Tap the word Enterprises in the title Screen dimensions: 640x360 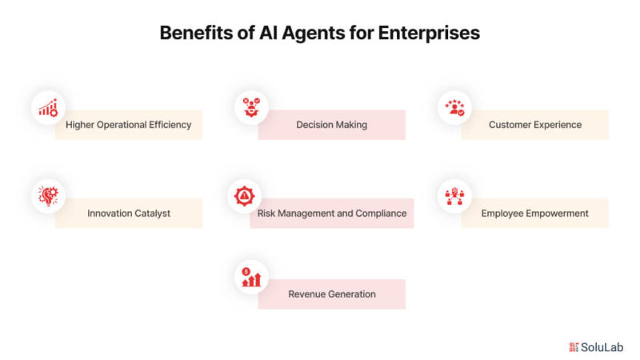(x=429, y=34)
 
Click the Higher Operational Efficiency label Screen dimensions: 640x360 (x=129, y=125)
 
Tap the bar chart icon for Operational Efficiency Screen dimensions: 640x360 (x=48, y=108)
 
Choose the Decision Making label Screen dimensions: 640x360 (x=331, y=125)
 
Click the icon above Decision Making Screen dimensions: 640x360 (x=251, y=107)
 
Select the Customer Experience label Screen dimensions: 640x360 (x=535, y=125)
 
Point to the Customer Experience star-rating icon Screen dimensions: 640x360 (x=454, y=108)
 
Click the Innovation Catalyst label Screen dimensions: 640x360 (x=129, y=213)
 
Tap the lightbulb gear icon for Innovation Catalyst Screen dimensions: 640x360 (x=48, y=196)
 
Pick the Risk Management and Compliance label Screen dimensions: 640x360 (x=332, y=213)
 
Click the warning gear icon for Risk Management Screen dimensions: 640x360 (x=244, y=196)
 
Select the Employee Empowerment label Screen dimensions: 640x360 (x=534, y=213)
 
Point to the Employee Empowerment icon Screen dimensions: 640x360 (x=454, y=196)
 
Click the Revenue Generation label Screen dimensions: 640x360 (x=332, y=294)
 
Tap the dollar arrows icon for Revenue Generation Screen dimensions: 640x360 (x=251, y=277)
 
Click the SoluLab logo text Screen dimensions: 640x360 (x=602, y=347)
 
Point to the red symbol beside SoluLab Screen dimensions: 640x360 (x=574, y=347)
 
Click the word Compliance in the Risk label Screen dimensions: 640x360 (x=381, y=214)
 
